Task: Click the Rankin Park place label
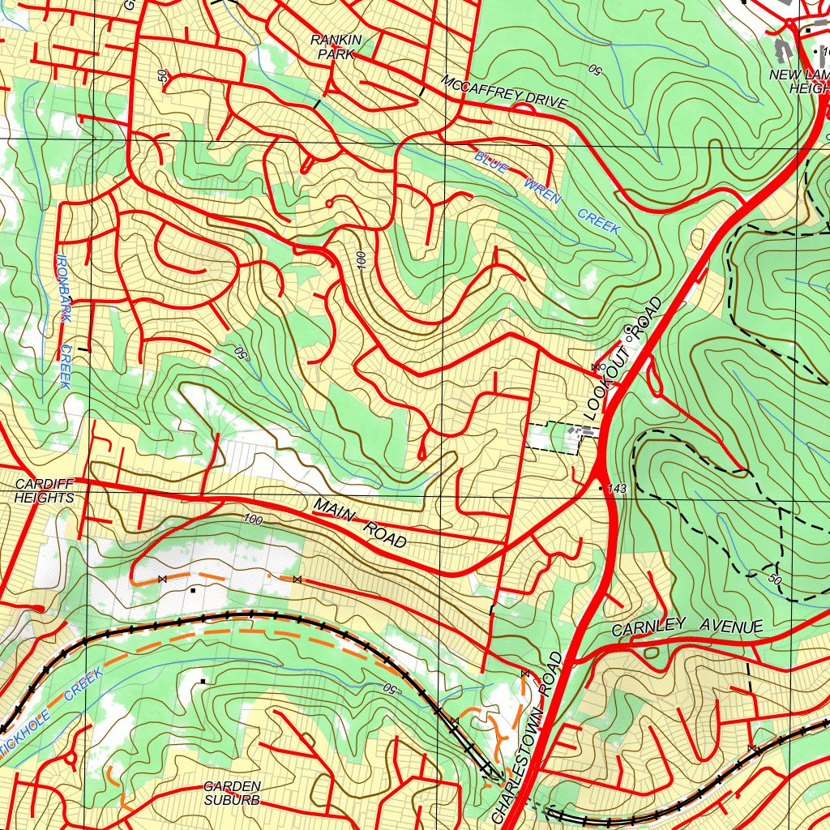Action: [x=336, y=47]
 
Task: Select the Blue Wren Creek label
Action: [x=548, y=193]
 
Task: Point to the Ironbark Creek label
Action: [x=64, y=321]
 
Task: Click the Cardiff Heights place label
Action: [x=44, y=491]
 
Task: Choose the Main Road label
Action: [x=359, y=524]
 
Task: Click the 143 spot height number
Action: [x=619, y=490]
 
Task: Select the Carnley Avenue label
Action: [x=687, y=627]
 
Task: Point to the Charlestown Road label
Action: [x=528, y=738]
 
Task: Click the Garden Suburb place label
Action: [x=232, y=793]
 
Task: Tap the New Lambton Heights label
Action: [x=802, y=81]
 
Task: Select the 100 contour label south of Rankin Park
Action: [x=361, y=259]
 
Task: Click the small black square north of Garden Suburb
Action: [x=202, y=680]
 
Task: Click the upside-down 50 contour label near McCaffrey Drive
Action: [x=594, y=71]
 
